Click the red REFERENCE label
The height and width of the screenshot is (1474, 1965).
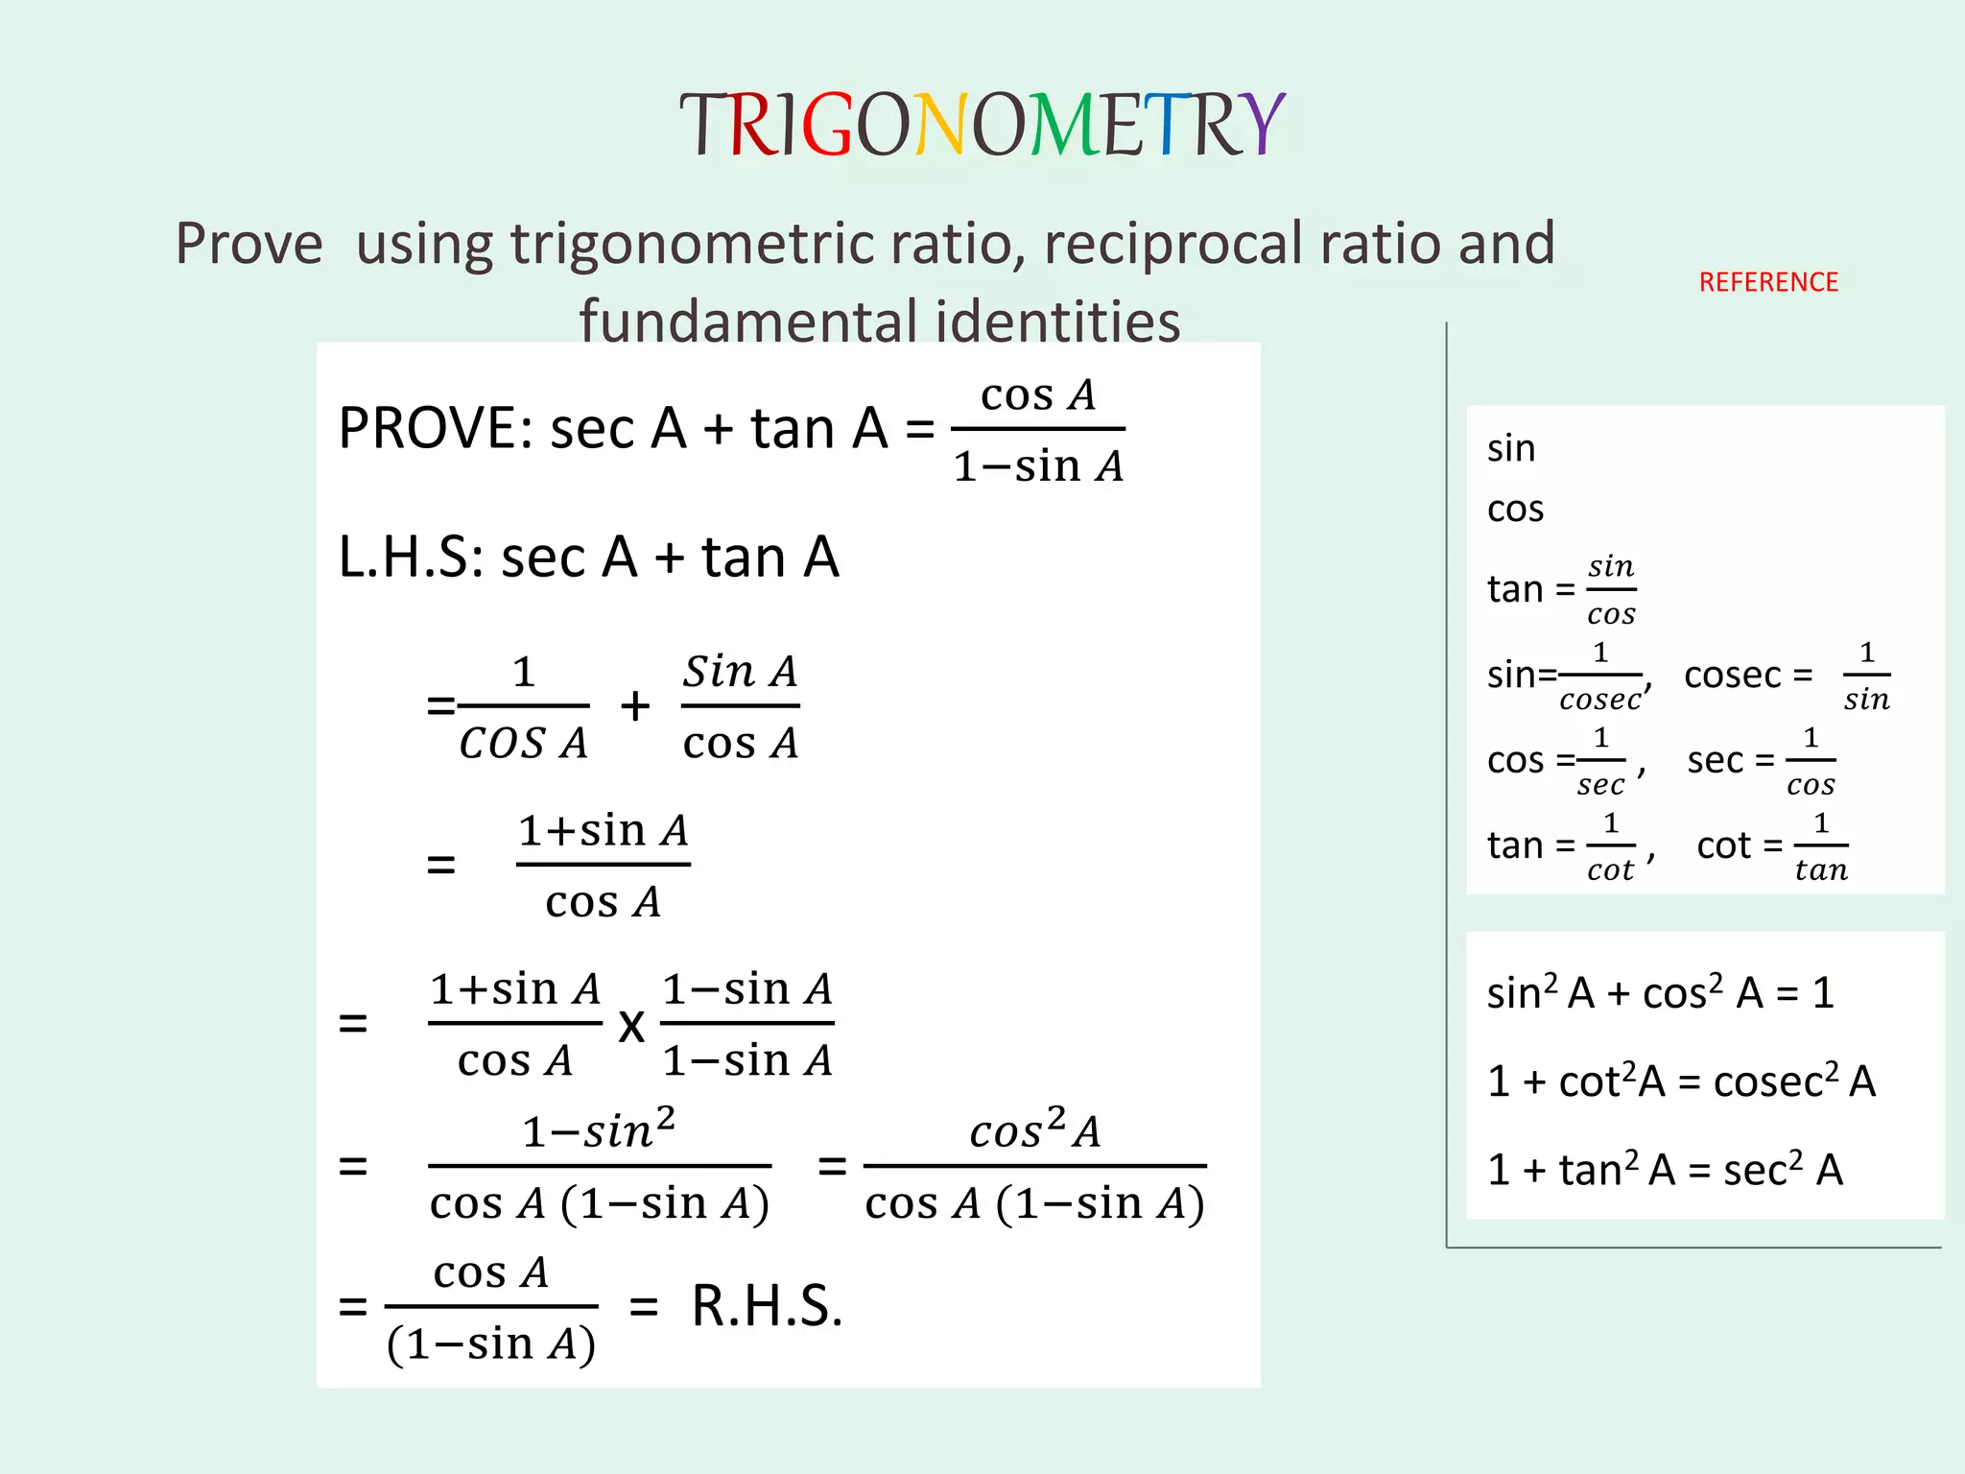point(1768,282)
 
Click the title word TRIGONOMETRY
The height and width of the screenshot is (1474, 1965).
point(982,126)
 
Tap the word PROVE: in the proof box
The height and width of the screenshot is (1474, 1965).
point(436,428)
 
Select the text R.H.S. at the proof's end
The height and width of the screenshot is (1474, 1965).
point(767,1306)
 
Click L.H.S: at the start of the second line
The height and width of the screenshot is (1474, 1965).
point(411,558)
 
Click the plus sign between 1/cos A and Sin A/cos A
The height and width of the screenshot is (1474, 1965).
point(635,706)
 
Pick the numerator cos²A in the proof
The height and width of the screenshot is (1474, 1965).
point(1034,1130)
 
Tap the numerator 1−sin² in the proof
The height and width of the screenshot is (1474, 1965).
point(599,1130)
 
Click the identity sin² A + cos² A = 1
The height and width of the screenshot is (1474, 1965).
point(1660,993)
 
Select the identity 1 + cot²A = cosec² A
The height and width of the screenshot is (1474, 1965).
point(1681,1082)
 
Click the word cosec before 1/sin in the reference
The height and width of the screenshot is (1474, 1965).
point(1733,676)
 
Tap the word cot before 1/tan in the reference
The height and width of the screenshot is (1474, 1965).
point(1723,846)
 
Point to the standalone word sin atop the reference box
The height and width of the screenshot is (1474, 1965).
point(1511,449)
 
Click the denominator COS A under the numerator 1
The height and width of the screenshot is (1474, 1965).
point(523,744)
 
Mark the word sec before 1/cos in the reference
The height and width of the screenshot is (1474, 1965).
point(1715,761)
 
